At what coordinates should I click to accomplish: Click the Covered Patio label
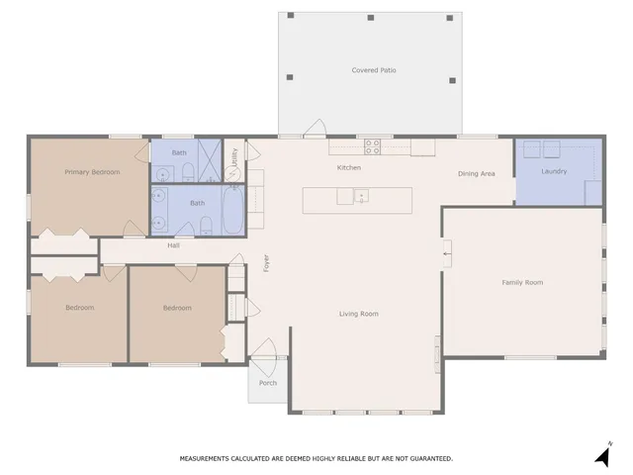tap(370, 70)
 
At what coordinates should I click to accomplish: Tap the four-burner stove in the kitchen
tap(373, 146)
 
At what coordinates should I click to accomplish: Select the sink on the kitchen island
tap(361, 197)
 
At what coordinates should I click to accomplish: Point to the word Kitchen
tap(349, 168)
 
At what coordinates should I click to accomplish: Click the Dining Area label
tap(476, 174)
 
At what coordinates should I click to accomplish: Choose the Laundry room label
tap(554, 172)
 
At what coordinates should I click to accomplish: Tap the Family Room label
tap(522, 283)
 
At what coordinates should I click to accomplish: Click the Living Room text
tap(359, 314)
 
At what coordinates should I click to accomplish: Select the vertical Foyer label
tap(265, 263)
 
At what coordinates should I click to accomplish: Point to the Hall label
tap(173, 245)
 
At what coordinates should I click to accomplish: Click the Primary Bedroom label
tap(92, 172)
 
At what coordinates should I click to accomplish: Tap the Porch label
tap(268, 383)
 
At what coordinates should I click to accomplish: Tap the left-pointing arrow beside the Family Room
tap(447, 254)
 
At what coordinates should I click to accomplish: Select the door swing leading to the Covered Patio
tap(316, 129)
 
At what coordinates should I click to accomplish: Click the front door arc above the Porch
tap(264, 348)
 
